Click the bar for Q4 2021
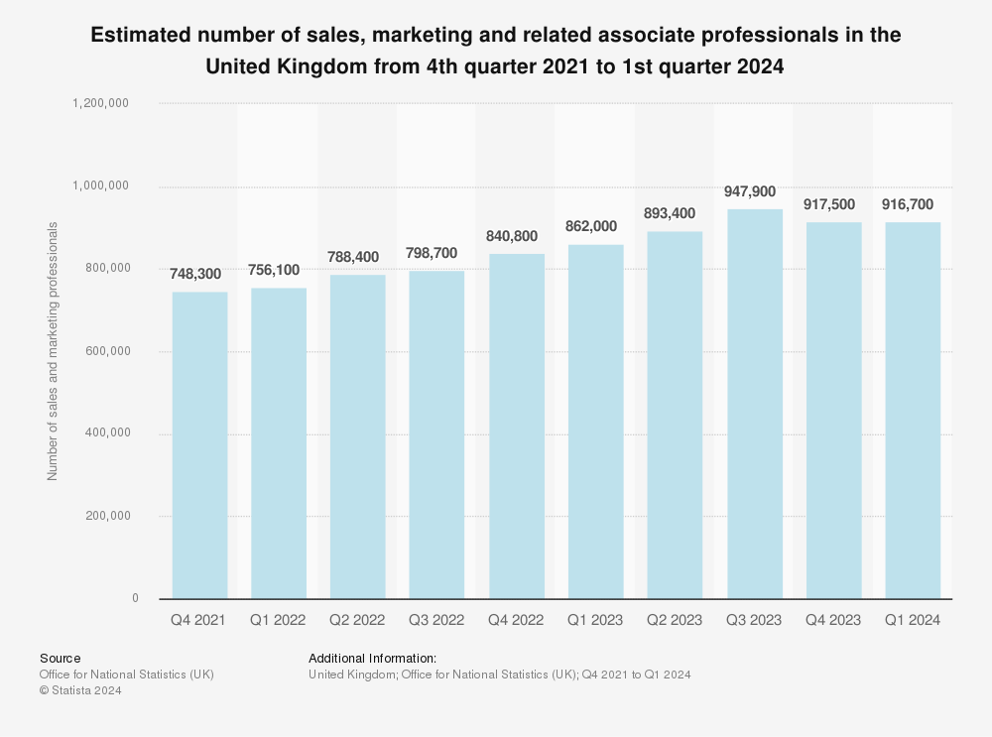pos(199,445)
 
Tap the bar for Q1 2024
pos(913,411)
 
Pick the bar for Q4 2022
pos(516,427)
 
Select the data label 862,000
pos(595,226)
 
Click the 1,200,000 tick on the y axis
pos(101,103)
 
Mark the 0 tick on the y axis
pos(135,598)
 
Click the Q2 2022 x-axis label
pos(357,620)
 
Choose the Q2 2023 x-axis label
pos(675,620)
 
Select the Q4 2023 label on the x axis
pos(833,620)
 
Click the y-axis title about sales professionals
pos(53,351)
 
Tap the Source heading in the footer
pos(61,658)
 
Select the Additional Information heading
pos(372,658)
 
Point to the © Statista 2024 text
pos(80,691)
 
